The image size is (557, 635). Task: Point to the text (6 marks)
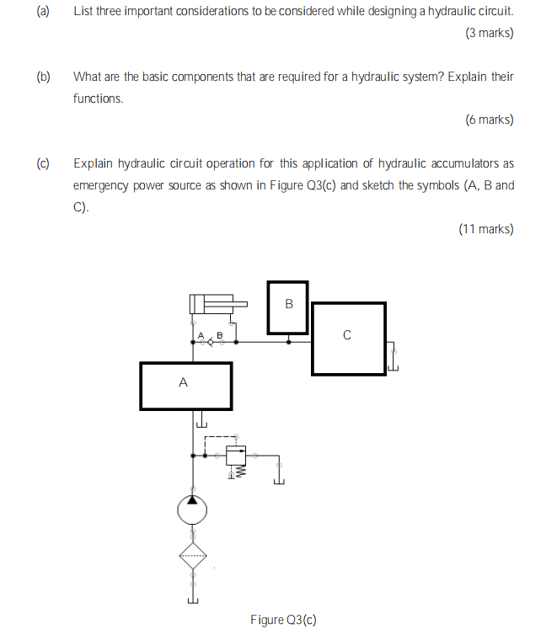click(x=489, y=120)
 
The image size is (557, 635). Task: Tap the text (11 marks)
click(x=485, y=228)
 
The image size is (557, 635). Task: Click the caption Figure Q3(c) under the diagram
click(x=283, y=620)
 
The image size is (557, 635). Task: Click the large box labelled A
click(x=185, y=386)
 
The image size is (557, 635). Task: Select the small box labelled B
click(x=288, y=306)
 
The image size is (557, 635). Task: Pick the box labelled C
click(x=348, y=338)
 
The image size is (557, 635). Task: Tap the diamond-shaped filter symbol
click(x=193, y=556)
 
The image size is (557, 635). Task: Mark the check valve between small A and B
click(x=210, y=343)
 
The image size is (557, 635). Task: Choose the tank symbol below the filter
click(x=193, y=600)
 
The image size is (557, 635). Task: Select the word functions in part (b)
click(x=97, y=99)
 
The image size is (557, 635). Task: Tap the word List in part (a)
click(x=83, y=12)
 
